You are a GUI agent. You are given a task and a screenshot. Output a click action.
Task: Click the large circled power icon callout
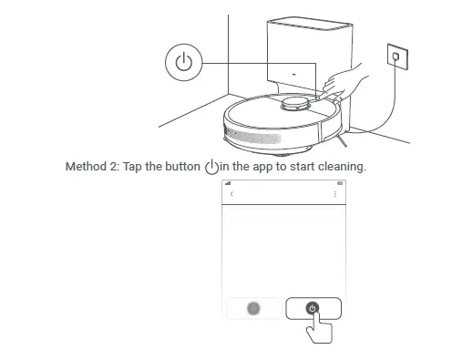click(184, 63)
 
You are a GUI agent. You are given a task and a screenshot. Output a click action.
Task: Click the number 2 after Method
click(117, 167)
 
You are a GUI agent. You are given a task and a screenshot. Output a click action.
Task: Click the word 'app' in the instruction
click(257, 167)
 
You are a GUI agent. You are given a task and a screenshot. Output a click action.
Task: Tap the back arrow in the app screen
click(231, 194)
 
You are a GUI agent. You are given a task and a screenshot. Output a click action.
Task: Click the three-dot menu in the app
click(334, 194)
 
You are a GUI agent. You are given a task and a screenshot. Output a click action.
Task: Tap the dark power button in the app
click(313, 308)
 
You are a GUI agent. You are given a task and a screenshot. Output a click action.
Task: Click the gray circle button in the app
click(254, 308)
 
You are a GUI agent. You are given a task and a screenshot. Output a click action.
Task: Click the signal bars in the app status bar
click(228, 183)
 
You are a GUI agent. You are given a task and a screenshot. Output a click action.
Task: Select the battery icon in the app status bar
click(335, 183)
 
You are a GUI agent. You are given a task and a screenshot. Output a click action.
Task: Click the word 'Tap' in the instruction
click(133, 167)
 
